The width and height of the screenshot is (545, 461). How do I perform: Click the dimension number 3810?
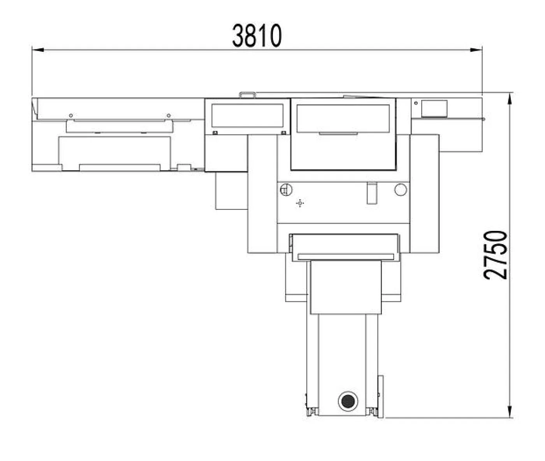point(257,35)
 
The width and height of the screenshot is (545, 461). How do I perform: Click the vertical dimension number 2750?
point(496,255)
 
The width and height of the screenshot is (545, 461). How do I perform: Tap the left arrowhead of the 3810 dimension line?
point(38,50)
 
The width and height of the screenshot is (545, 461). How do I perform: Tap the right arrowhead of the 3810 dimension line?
point(476,50)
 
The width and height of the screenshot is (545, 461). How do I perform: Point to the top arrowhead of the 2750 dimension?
point(510,99)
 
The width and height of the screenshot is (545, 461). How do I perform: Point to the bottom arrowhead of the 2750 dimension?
point(510,412)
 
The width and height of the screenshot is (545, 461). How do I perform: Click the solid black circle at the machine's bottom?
point(348,401)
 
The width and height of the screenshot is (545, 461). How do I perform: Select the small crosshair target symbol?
point(299,203)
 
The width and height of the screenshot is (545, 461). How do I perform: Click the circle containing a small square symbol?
point(286,190)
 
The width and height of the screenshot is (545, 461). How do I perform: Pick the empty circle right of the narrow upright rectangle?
point(401,189)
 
